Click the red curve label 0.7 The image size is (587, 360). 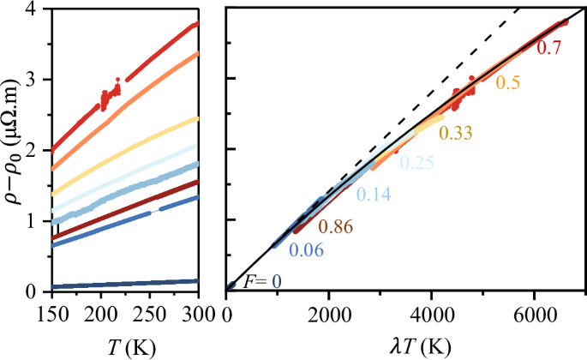point(548,49)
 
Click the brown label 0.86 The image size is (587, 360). point(336,227)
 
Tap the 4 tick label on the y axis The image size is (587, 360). point(31,9)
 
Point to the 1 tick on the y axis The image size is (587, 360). point(31,220)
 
